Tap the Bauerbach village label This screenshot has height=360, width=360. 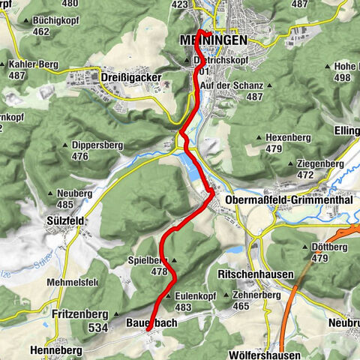click(x=148, y=323)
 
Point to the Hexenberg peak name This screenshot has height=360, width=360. click(x=289, y=139)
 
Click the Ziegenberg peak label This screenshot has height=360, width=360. click(x=314, y=164)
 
